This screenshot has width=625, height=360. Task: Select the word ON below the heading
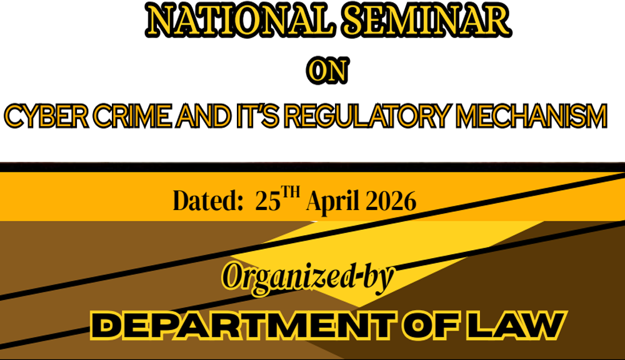pos(327,71)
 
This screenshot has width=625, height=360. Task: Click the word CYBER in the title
pos(46,116)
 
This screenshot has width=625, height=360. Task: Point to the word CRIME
pos(132,116)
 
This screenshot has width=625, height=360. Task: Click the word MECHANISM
pos(531,116)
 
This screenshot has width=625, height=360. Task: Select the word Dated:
pos(208,200)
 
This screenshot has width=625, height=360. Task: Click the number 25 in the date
pos(268,201)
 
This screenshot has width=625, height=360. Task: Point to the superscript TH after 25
pos(290,192)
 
